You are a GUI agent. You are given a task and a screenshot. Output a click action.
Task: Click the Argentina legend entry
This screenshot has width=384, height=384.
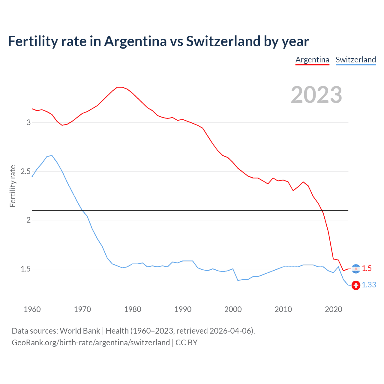point(312,60)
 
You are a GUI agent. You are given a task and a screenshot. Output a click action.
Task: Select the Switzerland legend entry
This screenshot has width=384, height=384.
point(355,60)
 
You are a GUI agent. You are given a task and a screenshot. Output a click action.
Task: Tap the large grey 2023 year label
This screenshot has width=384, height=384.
point(316,95)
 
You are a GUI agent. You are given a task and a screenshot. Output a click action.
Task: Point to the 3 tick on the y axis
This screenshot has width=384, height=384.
point(29,122)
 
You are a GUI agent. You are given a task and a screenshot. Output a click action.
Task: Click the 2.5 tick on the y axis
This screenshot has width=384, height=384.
point(26,171)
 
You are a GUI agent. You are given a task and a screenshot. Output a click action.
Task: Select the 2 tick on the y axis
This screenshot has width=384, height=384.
point(29,220)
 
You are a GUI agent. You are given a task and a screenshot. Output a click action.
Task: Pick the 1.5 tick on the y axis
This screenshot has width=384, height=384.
point(26,269)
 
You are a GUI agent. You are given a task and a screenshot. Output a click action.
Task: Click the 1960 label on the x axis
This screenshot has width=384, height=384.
point(32,309)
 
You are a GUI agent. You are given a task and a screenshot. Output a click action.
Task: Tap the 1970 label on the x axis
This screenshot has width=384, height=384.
point(82,309)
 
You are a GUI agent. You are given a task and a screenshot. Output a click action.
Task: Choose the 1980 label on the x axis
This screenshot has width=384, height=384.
point(133,309)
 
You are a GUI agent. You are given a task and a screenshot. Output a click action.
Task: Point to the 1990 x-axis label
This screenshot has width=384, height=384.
point(183,309)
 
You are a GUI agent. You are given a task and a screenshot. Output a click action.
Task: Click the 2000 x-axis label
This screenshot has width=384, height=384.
point(233,309)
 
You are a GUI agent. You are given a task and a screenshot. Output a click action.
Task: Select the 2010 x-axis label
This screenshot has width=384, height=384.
point(283,309)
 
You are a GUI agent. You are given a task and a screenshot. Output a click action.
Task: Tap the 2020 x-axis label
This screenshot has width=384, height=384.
point(333,309)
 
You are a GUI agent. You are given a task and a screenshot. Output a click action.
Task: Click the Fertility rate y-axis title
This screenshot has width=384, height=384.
point(13,186)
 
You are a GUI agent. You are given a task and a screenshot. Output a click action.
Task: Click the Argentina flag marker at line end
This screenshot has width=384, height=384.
point(356,269)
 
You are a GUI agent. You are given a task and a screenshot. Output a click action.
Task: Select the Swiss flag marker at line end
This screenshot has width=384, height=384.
point(356,285)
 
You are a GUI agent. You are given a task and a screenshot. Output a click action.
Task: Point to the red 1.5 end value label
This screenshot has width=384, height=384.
point(367,268)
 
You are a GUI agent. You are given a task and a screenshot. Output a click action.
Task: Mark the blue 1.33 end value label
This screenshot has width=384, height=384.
point(369,285)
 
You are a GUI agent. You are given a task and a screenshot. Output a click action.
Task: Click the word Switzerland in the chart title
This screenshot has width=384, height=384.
point(223,41)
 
